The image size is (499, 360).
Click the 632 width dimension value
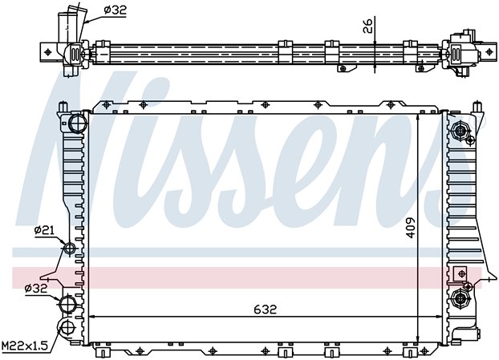tap(266, 309)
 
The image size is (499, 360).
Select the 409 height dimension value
tap(411, 228)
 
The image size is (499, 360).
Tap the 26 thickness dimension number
tap(367, 26)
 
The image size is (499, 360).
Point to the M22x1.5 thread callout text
tap(25, 345)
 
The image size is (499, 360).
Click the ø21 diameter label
tap(44, 229)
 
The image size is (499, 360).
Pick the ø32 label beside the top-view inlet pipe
tap(115, 10)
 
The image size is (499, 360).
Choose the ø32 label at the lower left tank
tap(36, 289)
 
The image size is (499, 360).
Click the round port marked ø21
tap(69, 248)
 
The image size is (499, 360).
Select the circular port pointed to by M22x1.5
tap(67, 327)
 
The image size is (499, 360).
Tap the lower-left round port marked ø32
tap(67, 303)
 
